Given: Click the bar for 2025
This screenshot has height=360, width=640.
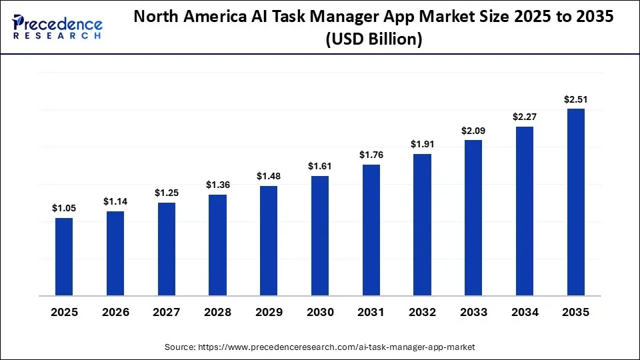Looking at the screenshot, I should (64, 257).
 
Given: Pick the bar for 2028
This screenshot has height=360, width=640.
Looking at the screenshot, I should (217, 245).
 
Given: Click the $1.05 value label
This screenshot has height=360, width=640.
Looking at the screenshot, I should (64, 208).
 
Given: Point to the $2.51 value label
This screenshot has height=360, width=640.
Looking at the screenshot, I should (575, 99).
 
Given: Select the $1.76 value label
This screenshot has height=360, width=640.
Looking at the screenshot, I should (371, 155).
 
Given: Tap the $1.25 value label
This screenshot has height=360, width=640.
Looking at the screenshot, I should (167, 193).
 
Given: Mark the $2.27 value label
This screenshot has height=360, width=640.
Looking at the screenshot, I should (525, 117).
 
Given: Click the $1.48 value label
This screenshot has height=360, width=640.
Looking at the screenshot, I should (269, 176).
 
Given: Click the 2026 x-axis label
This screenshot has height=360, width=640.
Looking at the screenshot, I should (115, 312).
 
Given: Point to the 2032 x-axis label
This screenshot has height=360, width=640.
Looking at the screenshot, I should (422, 312).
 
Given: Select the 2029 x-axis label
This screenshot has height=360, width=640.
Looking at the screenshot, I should (269, 312).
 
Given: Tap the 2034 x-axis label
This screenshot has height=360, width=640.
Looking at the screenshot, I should (525, 312).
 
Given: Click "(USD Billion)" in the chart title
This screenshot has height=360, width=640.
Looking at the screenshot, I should (373, 40).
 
